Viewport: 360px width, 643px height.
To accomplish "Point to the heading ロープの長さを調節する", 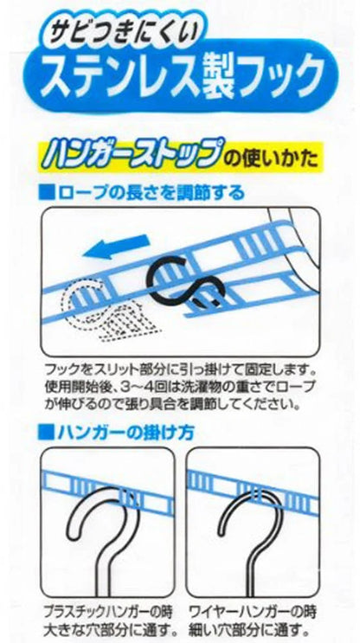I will pyautogui.click(x=148, y=192).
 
